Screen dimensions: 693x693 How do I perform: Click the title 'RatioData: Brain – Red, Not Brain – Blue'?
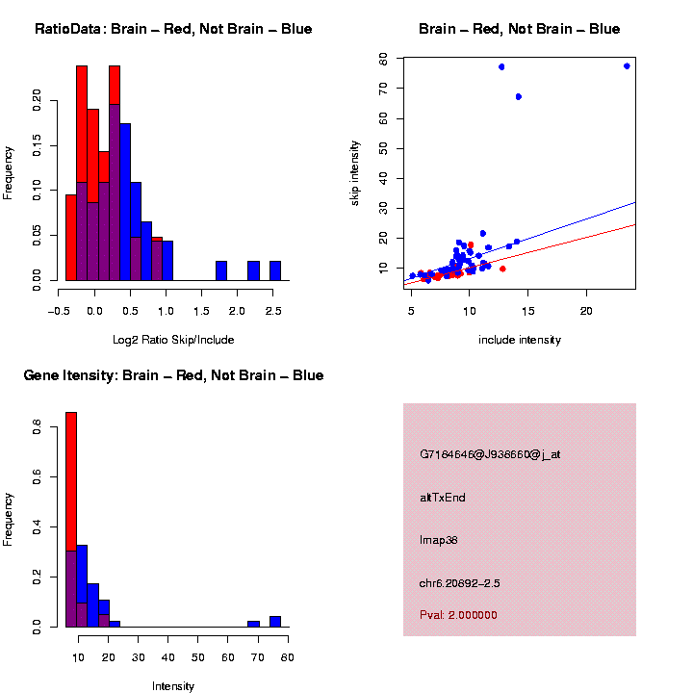pos(173,29)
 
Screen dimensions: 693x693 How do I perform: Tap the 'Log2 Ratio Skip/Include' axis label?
pos(173,340)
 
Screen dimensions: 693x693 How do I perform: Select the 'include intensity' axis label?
pos(519,340)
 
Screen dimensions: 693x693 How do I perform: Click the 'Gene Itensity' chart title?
pos(173,375)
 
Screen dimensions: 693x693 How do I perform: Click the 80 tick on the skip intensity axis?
pos(384,59)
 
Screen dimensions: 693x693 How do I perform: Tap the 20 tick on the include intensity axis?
pos(586,311)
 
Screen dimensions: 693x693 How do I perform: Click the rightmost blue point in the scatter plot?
pos(627,65)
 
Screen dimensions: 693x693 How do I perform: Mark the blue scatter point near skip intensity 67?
pos(518,96)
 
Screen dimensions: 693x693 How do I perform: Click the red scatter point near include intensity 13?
pos(502,269)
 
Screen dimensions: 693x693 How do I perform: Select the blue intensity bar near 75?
pos(275,622)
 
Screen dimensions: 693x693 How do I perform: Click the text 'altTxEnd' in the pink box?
pos(443,498)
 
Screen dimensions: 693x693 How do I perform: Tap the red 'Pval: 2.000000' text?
pos(459,615)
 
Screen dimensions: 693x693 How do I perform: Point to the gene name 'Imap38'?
pos(439,540)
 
